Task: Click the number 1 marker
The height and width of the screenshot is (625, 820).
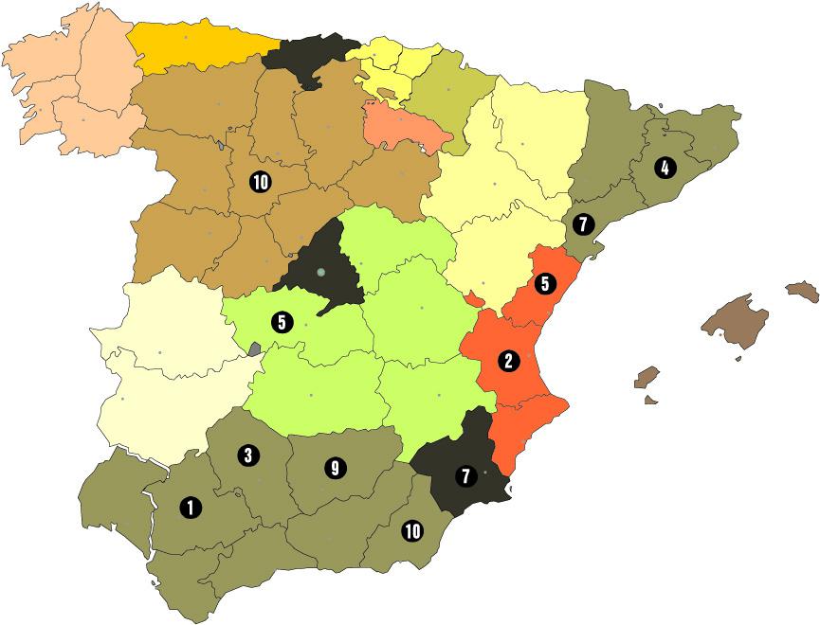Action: pos(191,508)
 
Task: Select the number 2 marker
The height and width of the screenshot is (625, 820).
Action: pos(509,360)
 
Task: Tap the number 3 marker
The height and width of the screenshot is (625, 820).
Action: pos(247,455)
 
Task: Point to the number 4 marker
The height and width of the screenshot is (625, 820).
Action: pos(665,169)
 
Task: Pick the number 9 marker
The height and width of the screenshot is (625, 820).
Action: pos(333,467)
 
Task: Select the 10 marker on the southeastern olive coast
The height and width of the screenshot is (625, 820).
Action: pos(412,530)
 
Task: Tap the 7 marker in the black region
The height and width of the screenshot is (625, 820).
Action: pos(465,476)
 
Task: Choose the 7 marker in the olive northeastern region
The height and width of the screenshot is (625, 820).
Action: pos(583,225)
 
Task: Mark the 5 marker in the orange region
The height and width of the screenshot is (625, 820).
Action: pos(544,282)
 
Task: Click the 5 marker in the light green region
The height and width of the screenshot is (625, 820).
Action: pos(281,322)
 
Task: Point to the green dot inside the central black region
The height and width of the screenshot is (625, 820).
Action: pos(321,273)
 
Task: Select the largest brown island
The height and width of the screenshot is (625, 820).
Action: pos(735,317)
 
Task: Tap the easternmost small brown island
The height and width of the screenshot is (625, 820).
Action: pos(802,290)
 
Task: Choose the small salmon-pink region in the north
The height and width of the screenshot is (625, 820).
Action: pos(403,128)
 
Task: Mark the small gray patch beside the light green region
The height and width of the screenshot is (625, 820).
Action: pos(254,348)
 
